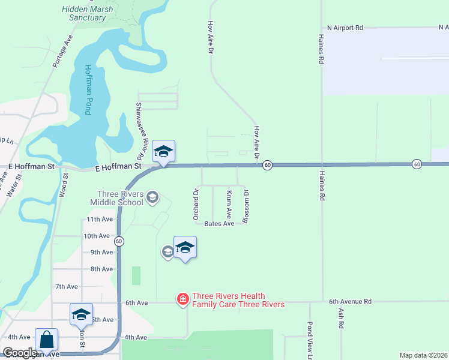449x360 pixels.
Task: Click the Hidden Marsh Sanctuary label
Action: tap(87, 13)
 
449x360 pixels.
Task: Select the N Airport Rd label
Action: tap(345, 28)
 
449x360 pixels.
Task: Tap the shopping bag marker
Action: tap(47, 340)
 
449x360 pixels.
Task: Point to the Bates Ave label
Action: tap(219, 224)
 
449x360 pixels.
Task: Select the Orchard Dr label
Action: tap(196, 205)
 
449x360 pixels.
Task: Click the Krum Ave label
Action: tap(229, 205)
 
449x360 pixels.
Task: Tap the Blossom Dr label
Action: tap(246, 207)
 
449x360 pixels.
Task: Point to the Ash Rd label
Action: tap(341, 318)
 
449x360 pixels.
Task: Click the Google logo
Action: tap(20, 353)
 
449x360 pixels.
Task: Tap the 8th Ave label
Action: tap(101, 269)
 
